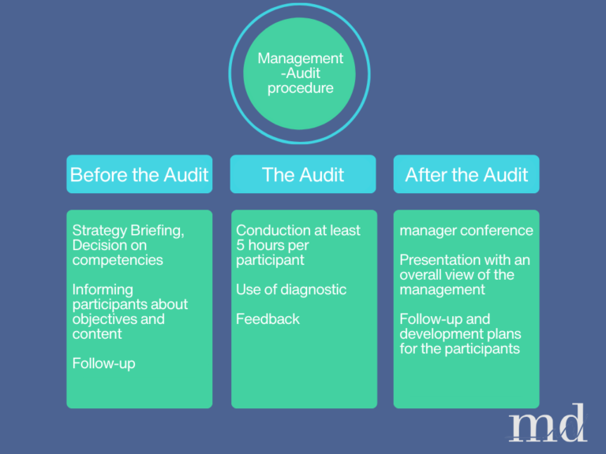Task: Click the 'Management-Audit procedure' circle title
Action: [x=300, y=73]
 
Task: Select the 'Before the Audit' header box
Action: [x=139, y=174]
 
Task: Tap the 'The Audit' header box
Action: [x=302, y=174]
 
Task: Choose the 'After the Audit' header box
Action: [x=466, y=174]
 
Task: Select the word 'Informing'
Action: [x=103, y=289]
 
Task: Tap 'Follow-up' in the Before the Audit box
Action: [x=103, y=363]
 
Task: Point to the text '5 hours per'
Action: [x=272, y=245]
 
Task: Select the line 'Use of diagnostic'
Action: [x=290, y=289]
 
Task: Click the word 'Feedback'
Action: [x=267, y=319]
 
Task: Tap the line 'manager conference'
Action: [x=466, y=231]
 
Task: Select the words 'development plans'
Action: [x=460, y=334]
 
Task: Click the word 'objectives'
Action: [x=107, y=319]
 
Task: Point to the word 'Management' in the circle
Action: [x=301, y=59]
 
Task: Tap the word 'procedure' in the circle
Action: [x=301, y=87]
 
